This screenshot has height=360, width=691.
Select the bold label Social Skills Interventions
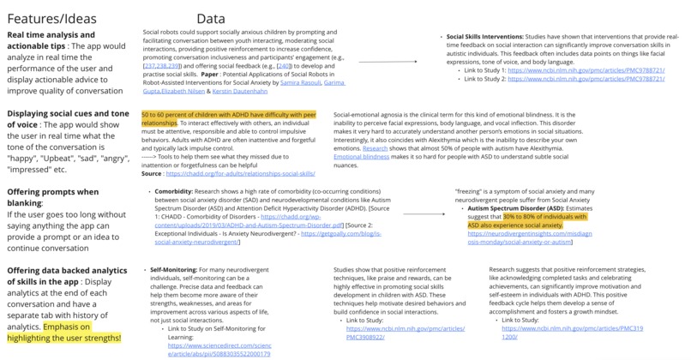coord(490,38)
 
